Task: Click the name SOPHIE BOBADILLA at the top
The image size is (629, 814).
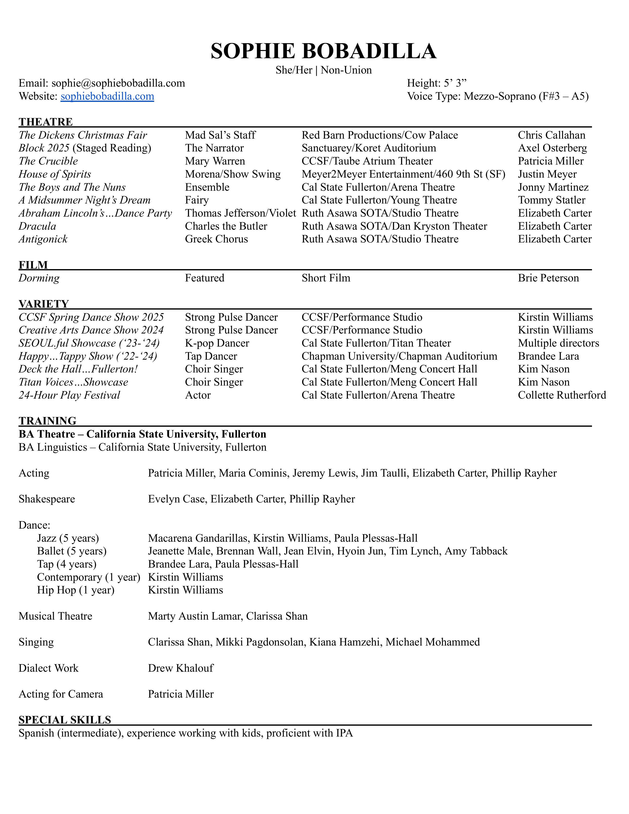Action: pyautogui.click(x=323, y=51)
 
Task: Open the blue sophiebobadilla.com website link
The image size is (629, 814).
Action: pyautogui.click(x=107, y=96)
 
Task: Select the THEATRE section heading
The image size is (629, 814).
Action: pyautogui.click(x=45, y=122)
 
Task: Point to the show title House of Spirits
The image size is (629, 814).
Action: pyautogui.click(x=55, y=174)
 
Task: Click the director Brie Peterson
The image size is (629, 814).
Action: pyautogui.click(x=548, y=278)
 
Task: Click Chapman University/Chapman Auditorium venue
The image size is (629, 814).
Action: pyautogui.click(x=399, y=356)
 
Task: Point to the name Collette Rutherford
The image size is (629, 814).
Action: pyautogui.click(x=562, y=395)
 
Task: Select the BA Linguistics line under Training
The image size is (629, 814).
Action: pyautogui.click(x=142, y=447)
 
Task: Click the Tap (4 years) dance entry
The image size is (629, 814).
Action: pyautogui.click(x=66, y=564)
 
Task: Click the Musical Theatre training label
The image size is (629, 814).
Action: pyautogui.click(x=55, y=616)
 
